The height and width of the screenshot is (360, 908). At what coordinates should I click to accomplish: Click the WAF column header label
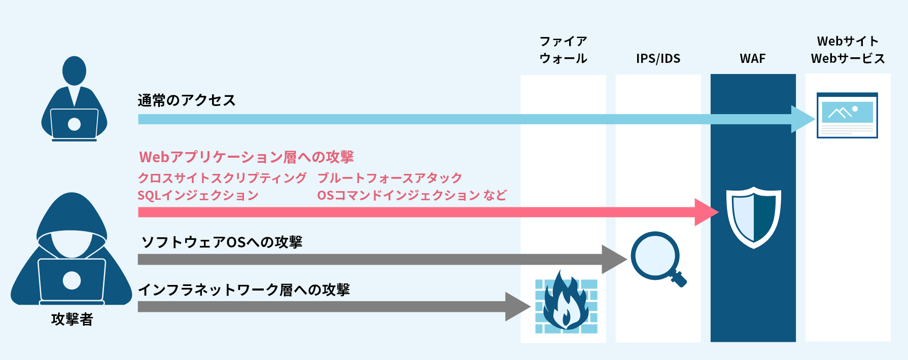point(752,59)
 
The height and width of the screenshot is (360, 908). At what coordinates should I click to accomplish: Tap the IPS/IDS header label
point(658,59)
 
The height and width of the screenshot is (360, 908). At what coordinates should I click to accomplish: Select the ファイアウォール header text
point(563,50)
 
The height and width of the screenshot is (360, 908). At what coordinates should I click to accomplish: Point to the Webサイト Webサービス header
point(848,50)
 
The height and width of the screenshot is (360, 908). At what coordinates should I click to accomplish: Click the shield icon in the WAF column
point(753,217)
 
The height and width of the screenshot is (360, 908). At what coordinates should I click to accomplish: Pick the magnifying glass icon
point(657,258)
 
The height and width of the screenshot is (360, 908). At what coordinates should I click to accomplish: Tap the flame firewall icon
point(566,302)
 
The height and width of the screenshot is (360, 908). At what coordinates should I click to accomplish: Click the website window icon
point(847,115)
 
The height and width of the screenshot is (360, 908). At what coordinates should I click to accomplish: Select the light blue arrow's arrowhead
point(802,119)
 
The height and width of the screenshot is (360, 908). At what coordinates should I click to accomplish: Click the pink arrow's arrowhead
point(706,212)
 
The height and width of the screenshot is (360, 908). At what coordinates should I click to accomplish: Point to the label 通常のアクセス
point(187,100)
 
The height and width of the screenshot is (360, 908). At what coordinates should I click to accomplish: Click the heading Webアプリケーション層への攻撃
point(247,157)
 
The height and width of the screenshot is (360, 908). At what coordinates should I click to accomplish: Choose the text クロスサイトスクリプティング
point(222,178)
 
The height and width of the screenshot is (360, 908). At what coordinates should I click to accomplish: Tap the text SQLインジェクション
point(198,195)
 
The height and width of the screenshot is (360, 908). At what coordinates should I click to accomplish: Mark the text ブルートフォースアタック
point(390,178)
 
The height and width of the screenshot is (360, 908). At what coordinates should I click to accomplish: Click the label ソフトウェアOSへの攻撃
point(222,242)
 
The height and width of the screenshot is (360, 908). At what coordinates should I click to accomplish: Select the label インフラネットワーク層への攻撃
point(244,290)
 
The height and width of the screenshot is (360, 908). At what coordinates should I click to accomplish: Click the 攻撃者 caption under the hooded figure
point(72,319)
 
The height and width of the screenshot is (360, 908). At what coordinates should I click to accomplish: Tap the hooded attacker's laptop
point(72,280)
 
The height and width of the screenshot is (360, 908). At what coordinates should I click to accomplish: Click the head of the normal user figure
point(74,70)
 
